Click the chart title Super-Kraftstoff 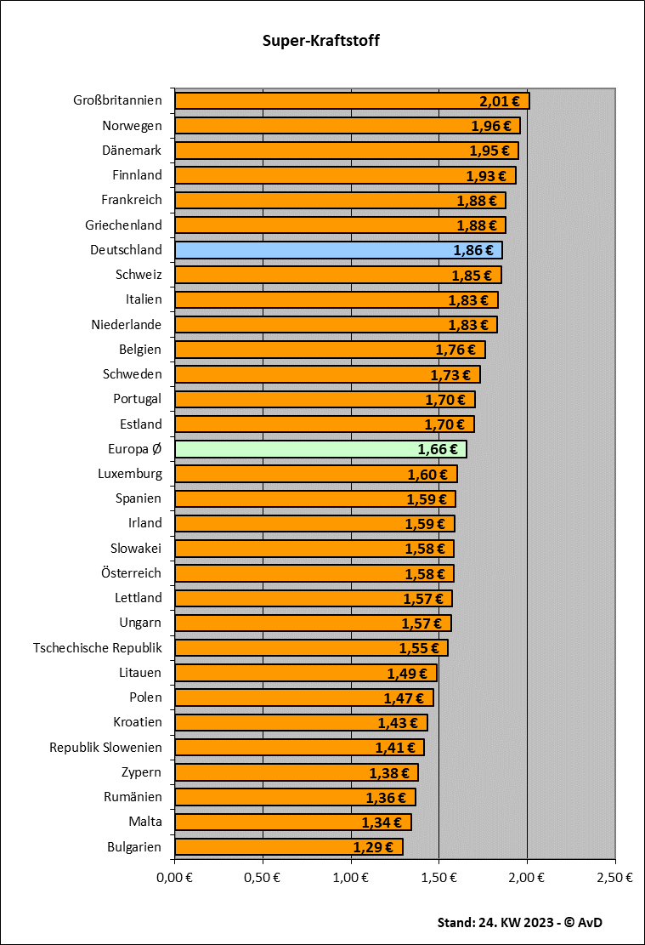[321, 40]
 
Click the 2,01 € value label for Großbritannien [499, 101]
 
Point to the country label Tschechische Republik [98, 648]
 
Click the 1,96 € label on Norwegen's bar [491, 126]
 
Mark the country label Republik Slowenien [105, 748]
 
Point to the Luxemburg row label [130, 474]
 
